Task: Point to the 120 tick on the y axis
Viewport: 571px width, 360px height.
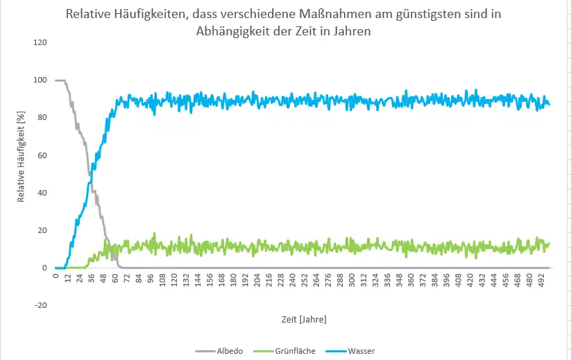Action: coord(40,42)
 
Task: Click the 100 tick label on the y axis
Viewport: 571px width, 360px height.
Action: coord(40,80)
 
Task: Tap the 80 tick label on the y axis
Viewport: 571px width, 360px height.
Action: coord(42,118)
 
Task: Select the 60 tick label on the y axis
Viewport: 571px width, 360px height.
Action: coord(42,155)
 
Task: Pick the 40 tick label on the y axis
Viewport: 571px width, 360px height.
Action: coord(42,193)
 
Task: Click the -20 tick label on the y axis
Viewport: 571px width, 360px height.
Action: coord(40,305)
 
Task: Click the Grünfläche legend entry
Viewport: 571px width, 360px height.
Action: coord(296,351)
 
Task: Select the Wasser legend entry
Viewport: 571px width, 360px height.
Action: coord(361,351)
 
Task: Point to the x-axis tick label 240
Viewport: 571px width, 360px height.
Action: coord(293,280)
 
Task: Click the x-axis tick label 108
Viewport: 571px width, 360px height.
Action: coord(163,280)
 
